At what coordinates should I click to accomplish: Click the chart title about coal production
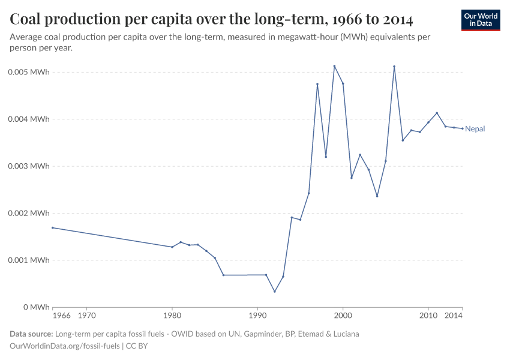click(x=211, y=19)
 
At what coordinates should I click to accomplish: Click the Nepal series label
click(x=475, y=128)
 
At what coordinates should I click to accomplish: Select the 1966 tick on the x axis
click(x=61, y=315)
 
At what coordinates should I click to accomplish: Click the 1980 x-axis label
click(x=172, y=315)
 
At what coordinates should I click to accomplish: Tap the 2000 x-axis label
click(x=343, y=315)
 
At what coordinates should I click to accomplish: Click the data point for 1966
click(x=53, y=227)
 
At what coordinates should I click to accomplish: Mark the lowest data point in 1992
click(x=275, y=292)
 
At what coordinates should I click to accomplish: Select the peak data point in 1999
click(x=334, y=66)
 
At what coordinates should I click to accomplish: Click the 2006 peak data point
click(x=394, y=67)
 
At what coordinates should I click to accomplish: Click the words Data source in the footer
click(x=31, y=334)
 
